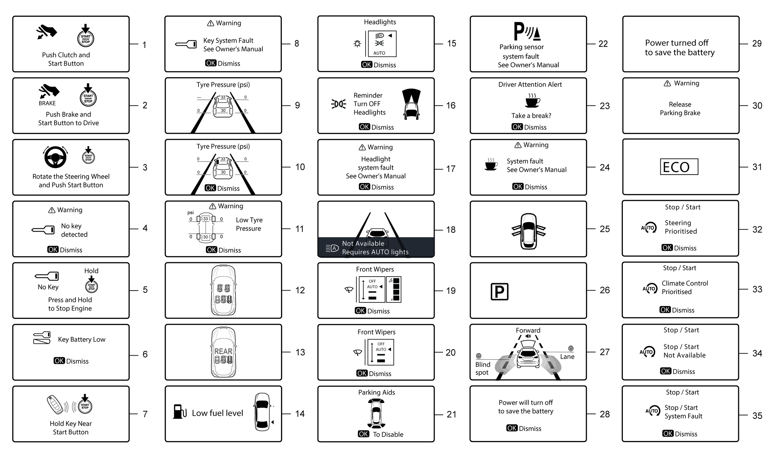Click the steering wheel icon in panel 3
pos(55,157)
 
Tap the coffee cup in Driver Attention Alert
pos(532,101)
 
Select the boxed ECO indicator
pos(679,167)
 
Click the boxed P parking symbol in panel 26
pos(499,292)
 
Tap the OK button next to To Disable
pos(363,434)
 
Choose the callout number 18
pos(451,230)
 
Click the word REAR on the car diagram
pos(223,351)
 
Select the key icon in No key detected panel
pos(43,230)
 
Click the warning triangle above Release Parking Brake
pos(667,83)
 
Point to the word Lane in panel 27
pos(567,357)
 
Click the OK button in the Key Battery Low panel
pos(59,361)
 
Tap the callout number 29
pos(757,44)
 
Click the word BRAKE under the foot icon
pos(47,103)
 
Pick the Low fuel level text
pos(217,413)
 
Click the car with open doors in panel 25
pos(528,231)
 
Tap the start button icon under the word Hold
pos(91,286)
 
